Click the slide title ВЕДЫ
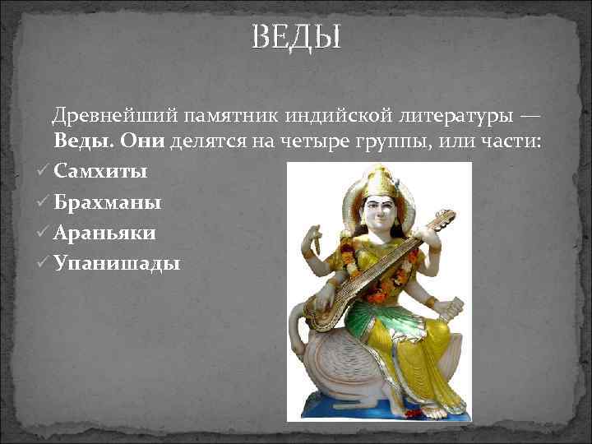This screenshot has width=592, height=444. pos(295,37)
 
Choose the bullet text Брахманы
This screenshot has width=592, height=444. pos(108,202)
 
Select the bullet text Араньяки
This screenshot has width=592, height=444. pos(106,233)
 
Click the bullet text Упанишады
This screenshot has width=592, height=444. pos(117,263)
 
